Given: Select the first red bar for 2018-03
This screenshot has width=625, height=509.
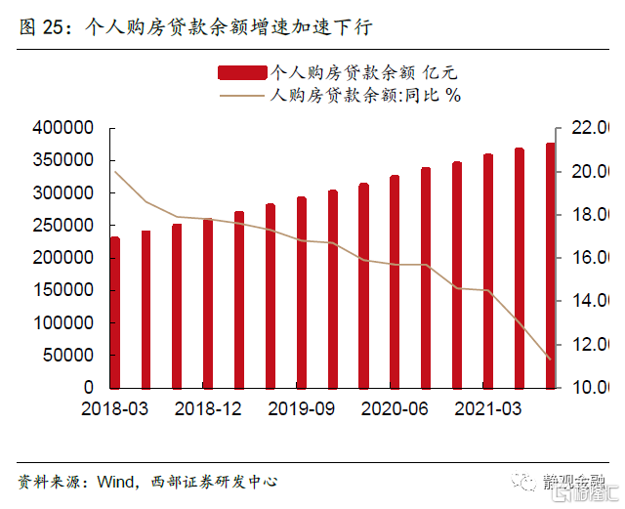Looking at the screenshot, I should coord(115,312).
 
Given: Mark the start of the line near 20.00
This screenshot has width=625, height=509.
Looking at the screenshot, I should coord(115,172).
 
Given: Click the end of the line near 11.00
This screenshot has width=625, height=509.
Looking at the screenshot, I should coord(550,359).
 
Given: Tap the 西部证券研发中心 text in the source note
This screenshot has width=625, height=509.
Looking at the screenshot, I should coord(216,482).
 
